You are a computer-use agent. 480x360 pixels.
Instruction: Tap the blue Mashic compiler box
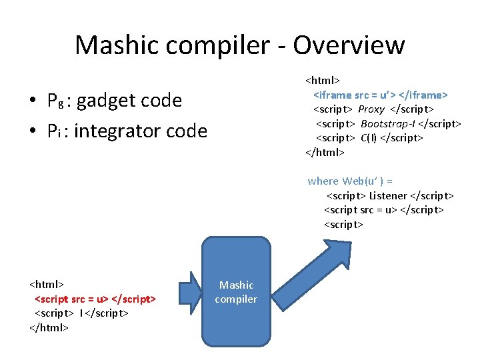coord(237,292)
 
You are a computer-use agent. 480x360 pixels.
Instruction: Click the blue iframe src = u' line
coord(380,95)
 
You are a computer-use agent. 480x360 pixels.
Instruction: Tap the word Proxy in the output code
coord(371,109)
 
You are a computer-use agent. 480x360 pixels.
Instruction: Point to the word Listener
coord(387,195)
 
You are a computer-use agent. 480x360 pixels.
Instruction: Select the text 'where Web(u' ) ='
coord(350,181)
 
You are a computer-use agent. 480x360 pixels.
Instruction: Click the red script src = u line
coord(95,298)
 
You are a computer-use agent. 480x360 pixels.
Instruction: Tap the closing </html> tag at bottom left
coord(49,327)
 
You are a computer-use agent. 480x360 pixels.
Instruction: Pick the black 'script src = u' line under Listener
coord(383,210)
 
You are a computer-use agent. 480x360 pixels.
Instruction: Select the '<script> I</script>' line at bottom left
coord(81,313)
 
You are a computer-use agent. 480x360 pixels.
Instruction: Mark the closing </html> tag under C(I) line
coord(325,152)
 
